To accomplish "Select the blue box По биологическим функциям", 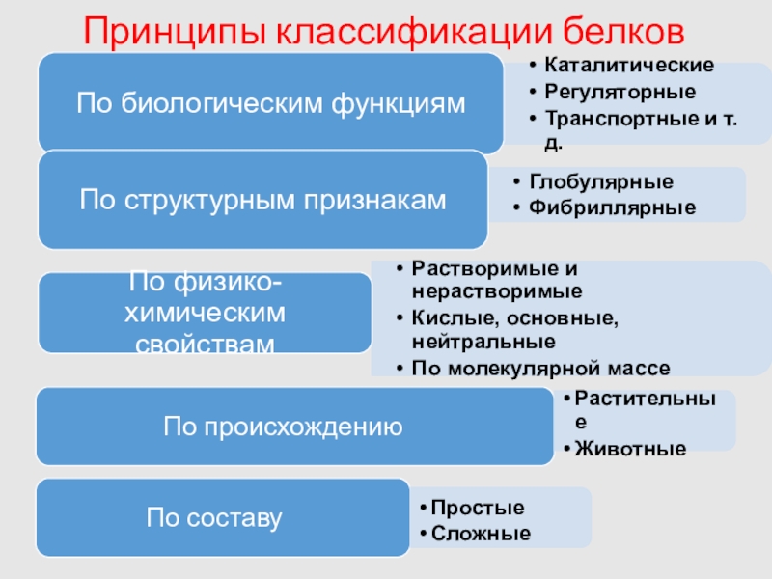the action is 270,103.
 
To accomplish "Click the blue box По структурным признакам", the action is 262,200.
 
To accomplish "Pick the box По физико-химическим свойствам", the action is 206,313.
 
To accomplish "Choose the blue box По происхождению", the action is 282,426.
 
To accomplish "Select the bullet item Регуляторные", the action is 620,93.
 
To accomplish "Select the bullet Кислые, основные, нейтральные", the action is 515,328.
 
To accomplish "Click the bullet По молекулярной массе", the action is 539,367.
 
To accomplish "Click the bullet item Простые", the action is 478,508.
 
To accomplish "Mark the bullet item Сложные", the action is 481,532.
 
